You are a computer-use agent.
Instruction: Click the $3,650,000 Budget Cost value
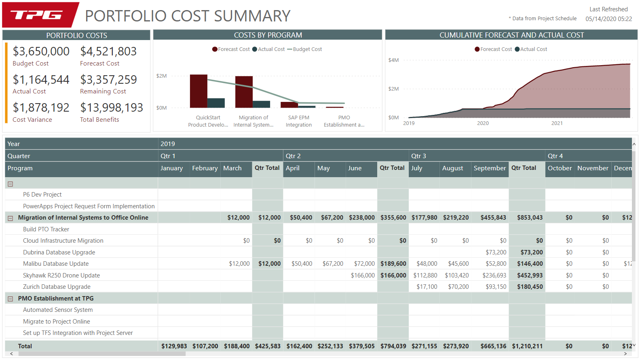pos(41,51)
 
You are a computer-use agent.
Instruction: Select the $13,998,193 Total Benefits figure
pos(112,108)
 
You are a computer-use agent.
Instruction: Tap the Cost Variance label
pos(32,120)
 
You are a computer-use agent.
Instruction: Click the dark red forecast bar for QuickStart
pos(199,91)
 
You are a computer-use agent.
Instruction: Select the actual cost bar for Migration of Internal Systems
pos(261,104)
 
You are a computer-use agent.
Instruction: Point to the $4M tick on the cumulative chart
pos(393,60)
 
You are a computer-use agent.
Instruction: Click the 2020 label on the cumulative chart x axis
pos(483,123)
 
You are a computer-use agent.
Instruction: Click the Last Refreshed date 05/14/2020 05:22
pos(608,19)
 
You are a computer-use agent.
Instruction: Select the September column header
pos(490,168)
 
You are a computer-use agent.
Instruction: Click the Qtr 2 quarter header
pos(293,156)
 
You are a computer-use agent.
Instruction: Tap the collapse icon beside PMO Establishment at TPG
pos(11,299)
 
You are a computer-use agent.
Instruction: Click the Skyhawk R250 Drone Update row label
pos(61,275)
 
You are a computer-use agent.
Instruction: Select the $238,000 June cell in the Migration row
pos(362,218)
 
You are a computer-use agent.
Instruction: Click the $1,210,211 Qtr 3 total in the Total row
pos(527,346)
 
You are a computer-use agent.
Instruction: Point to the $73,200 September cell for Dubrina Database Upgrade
pos(496,252)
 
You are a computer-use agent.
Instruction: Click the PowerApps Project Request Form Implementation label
pos(89,206)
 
